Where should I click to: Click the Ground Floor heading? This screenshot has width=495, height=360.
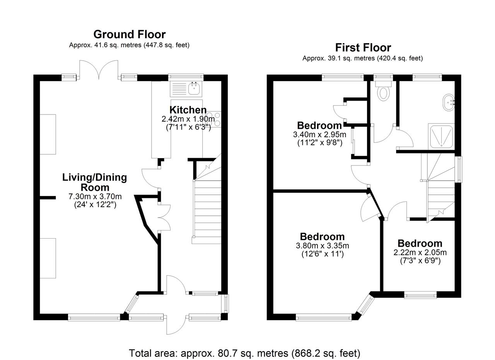point(130,34)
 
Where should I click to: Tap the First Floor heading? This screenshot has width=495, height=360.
point(363,48)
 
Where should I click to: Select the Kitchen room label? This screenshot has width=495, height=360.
point(188,110)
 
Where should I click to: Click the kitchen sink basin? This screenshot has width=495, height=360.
point(195,89)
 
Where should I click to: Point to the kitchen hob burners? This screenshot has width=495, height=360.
point(214,119)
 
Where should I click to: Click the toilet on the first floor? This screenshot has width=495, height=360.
point(384,91)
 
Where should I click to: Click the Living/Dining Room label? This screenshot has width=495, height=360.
point(95,183)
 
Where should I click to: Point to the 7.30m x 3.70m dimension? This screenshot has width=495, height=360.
point(95,196)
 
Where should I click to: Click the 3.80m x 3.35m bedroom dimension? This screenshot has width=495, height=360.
point(323,246)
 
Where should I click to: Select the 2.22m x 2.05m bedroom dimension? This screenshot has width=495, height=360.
point(420,252)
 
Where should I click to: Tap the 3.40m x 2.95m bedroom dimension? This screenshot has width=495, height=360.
point(319,134)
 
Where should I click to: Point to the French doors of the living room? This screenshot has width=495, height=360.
point(99,69)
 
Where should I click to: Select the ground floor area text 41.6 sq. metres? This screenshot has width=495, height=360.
point(129,45)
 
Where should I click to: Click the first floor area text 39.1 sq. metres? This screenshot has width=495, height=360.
point(363,58)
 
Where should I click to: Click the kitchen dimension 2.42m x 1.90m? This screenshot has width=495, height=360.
point(188,119)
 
